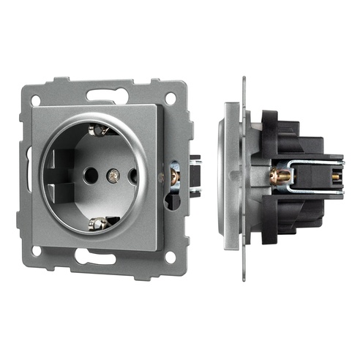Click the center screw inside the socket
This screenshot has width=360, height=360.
coord(112,176)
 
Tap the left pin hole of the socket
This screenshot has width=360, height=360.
coord(90,176)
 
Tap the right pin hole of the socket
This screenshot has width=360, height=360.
coord(132,176)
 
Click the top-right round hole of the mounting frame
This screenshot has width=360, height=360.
coord(170,97)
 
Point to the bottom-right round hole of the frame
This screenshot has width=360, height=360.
coord(170,257)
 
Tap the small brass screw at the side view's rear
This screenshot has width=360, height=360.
coord(336,176)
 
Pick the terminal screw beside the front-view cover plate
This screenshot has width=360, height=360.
coord(175,176)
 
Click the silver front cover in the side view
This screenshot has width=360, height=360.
coord(228,176)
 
